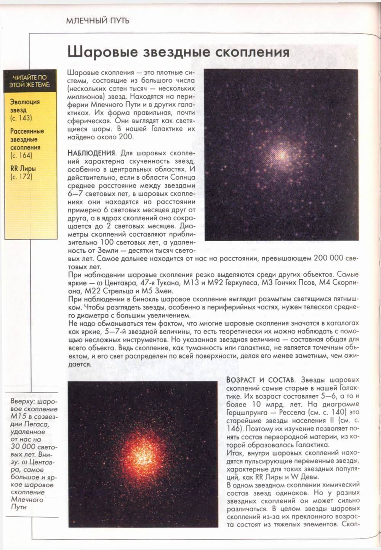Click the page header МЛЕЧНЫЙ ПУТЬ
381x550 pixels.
coord(98,20)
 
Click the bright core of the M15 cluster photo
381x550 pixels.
coord(282,155)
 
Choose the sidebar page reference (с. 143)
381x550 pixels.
coord(21,118)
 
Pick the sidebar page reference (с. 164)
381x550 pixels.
coord(21,155)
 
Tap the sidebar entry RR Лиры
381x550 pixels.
coord(23,168)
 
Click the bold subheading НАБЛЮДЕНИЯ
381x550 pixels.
coord(91,153)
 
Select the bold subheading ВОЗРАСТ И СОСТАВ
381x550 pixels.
coord(260,380)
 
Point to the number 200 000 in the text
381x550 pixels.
coord(328,258)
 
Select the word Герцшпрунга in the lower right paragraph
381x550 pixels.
coord(245,412)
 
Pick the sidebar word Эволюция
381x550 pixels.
coord(25,102)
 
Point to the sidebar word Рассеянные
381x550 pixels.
coord(27,131)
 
